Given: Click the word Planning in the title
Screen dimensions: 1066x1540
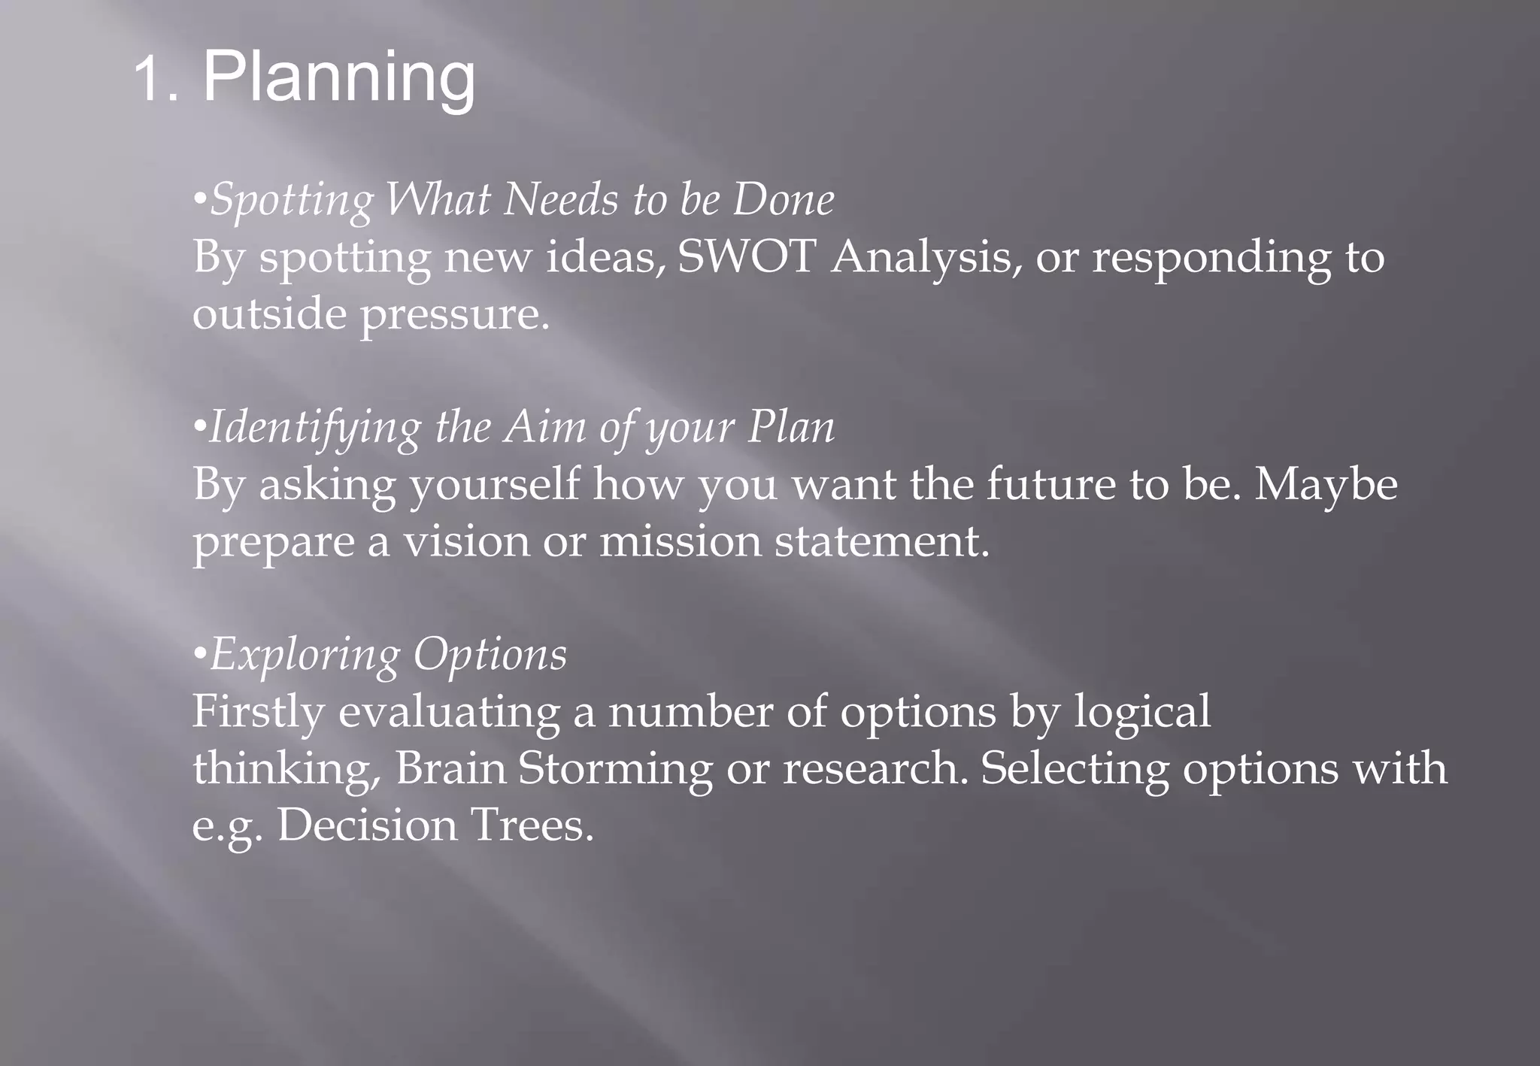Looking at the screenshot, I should pos(338,79).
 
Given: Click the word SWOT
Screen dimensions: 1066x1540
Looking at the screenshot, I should pos(747,256).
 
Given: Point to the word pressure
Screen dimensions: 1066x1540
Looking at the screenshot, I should pos(454,314).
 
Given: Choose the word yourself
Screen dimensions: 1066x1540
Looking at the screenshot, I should pos(495,485).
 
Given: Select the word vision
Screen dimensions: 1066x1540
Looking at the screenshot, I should pos(466,541).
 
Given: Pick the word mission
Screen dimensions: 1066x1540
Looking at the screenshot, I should pos(680,541).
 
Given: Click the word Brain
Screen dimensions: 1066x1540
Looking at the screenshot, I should pos(450,768).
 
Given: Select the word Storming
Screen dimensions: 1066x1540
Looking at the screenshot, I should pos(614,770).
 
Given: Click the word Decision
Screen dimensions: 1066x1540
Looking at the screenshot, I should pos(366,825).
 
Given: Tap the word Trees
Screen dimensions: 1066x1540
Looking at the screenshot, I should pos(532,825).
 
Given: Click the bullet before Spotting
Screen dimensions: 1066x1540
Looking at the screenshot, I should pos(199,201).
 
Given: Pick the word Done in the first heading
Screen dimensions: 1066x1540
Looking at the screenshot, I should pos(783,200).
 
